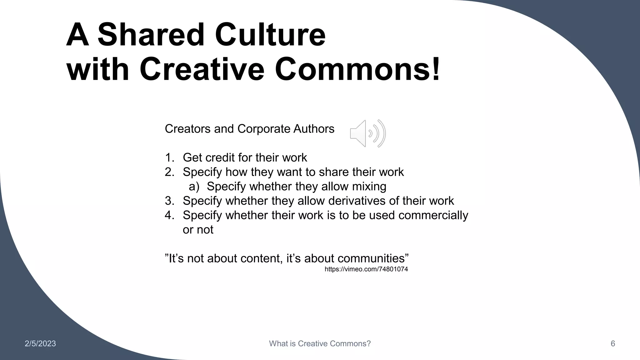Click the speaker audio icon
point(368,133)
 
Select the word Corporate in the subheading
point(264,129)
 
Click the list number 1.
point(169,157)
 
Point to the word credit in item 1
point(222,157)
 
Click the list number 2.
point(169,172)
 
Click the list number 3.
point(169,201)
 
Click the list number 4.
point(169,215)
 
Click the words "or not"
point(198,230)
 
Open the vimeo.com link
point(366,269)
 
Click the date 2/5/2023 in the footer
point(40,344)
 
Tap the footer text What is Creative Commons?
point(320,344)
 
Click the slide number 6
point(613,344)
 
